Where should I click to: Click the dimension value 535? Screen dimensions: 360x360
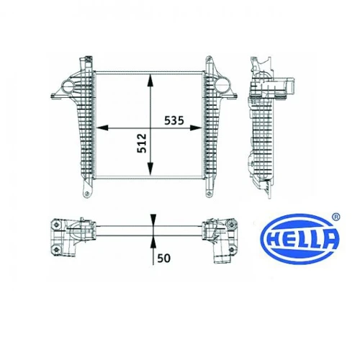(174, 120)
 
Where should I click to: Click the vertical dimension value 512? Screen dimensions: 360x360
(142, 143)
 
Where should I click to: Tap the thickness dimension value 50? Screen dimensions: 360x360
(163, 258)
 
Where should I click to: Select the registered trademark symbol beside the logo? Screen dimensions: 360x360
(336, 217)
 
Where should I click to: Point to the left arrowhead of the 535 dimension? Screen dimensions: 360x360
(102, 128)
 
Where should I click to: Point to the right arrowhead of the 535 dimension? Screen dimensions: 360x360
(196, 128)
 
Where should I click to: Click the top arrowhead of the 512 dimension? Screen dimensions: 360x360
(150, 80)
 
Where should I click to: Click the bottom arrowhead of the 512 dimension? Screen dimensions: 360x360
(150, 168)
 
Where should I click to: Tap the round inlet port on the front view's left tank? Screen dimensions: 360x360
(68, 86)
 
